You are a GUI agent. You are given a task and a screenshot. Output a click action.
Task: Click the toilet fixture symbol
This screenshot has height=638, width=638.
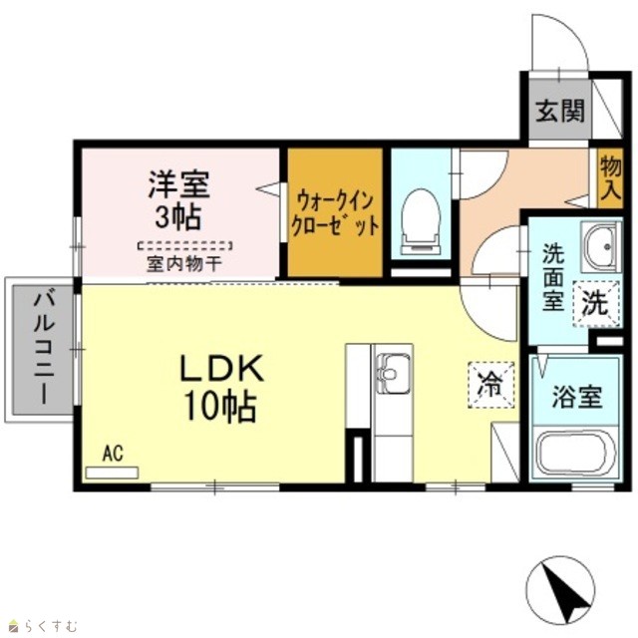(x=421, y=222)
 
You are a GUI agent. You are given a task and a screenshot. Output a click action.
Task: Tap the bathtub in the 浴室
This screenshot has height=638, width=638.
(x=575, y=453)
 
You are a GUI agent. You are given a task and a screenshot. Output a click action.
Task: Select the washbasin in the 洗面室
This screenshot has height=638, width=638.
(x=600, y=246)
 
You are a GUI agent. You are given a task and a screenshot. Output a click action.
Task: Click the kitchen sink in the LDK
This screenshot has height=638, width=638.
(x=393, y=373)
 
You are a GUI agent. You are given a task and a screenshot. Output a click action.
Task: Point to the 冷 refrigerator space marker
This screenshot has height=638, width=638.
(x=491, y=385)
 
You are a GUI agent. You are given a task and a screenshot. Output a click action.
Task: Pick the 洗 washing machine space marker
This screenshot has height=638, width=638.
(x=596, y=303)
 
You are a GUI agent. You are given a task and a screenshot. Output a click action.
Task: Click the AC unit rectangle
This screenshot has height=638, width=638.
(x=112, y=473)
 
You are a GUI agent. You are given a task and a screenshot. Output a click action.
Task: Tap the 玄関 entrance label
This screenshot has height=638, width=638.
(x=560, y=111)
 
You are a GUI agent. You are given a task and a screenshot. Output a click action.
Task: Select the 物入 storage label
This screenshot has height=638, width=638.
(x=611, y=178)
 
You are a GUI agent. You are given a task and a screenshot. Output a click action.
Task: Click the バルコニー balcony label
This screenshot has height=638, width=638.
(x=44, y=349)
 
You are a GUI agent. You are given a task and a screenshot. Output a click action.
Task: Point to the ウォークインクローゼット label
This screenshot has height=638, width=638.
(x=335, y=213)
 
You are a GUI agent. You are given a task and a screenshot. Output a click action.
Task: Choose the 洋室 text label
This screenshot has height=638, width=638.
(x=179, y=184)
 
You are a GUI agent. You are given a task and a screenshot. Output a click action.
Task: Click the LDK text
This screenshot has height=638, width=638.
(x=222, y=369)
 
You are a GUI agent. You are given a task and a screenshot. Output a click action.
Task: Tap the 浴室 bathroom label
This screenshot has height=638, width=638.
(x=577, y=397)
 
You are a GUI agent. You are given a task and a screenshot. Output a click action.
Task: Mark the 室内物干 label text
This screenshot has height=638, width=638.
(x=184, y=264)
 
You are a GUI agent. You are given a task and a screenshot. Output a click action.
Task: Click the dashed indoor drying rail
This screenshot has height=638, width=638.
(x=184, y=246)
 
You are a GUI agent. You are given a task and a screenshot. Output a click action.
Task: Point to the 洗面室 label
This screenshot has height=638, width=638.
(x=553, y=277)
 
